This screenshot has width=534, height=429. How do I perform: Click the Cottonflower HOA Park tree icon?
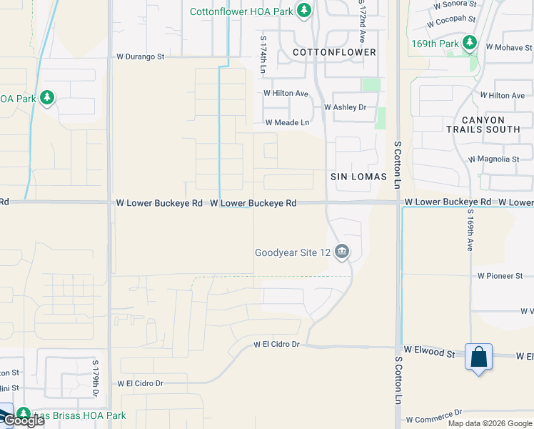[304, 11]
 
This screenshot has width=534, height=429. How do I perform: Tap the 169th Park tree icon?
[470, 44]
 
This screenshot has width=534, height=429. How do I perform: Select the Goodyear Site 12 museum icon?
[342, 252]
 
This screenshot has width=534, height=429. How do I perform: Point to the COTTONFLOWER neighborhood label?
[335, 53]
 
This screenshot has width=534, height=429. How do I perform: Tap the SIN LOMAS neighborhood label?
[358, 177]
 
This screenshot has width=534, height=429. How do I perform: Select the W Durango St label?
[141, 56]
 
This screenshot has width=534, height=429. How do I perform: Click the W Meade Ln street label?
[287, 123]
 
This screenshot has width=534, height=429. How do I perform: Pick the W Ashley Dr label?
[345, 107]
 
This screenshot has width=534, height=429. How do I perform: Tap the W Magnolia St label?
[493, 159]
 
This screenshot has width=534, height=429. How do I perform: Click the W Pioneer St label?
[500, 275]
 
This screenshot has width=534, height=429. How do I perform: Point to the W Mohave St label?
[509, 46]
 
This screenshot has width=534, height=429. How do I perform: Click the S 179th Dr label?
[95, 378]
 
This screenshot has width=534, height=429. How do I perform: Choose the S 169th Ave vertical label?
[470, 230]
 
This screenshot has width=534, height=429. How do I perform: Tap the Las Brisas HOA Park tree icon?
[24, 415]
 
